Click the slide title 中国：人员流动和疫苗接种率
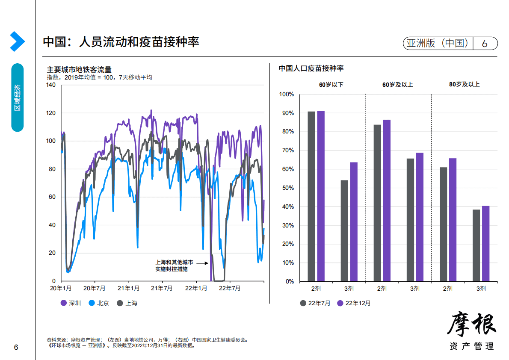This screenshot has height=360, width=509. coord(121,42)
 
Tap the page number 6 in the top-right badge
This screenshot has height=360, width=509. coord(485,44)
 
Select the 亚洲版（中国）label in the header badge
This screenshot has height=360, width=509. coord(437,43)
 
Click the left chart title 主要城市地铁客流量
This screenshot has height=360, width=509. coord(79,70)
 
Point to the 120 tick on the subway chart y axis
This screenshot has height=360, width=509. coord(50,113)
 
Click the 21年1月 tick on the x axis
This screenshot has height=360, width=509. coord(128,288)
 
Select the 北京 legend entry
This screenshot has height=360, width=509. coord(99,303)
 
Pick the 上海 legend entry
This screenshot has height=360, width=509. coord(127,303)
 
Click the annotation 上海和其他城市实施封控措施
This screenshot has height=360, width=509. coord(174,266)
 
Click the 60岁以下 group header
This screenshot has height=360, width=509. coord(331,85)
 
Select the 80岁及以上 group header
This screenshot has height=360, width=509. coord(464,85)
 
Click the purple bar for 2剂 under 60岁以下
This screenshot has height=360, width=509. coord(321,196)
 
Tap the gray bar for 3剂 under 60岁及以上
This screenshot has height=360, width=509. coord(410,220)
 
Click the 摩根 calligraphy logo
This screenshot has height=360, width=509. coord(472,325)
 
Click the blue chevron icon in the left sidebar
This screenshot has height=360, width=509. coord(17,41)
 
